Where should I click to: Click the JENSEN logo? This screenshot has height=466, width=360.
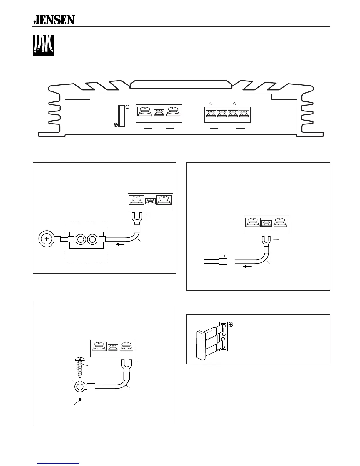(x=54, y=20)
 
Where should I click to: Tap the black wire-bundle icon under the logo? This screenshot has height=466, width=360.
(x=43, y=46)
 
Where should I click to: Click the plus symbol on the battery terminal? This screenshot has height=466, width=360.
(x=46, y=239)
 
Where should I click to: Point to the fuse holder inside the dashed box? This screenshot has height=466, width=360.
(x=86, y=239)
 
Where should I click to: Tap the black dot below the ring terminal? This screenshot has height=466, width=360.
(x=80, y=400)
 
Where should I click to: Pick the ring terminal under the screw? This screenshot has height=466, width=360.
(x=80, y=387)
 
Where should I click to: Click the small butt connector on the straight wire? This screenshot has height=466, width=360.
(x=223, y=261)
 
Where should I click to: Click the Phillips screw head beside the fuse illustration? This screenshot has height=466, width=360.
(x=231, y=324)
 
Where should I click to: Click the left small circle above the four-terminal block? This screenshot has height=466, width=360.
(x=211, y=104)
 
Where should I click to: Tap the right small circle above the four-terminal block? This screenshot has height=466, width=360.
(x=234, y=104)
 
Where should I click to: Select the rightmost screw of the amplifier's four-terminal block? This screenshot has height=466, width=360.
(x=244, y=113)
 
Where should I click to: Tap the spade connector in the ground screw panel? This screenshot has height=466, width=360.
(x=126, y=367)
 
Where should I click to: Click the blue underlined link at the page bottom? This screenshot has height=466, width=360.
(x=59, y=464)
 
